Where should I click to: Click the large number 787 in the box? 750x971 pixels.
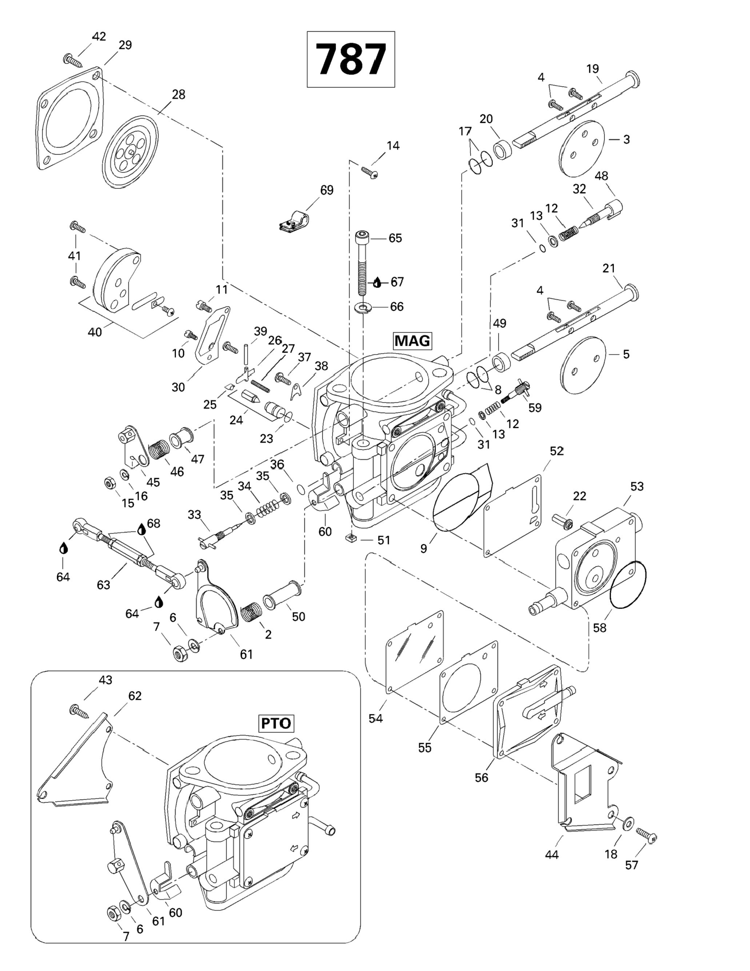coord(351,59)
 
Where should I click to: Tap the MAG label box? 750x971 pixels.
coord(412,341)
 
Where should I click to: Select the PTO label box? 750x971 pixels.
coord(276,723)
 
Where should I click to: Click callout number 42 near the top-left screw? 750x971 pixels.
coord(99,36)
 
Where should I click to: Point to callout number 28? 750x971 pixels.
coord(178,94)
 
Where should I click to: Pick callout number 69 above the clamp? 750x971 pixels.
coord(327,190)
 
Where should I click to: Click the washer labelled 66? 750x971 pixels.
coord(364,307)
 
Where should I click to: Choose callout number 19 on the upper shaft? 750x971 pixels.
coord(593,69)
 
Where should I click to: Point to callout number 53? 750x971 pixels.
coord(637,486)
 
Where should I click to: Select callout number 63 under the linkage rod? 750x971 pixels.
coord(103,585)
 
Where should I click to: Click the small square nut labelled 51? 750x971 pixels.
coord(351,539)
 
